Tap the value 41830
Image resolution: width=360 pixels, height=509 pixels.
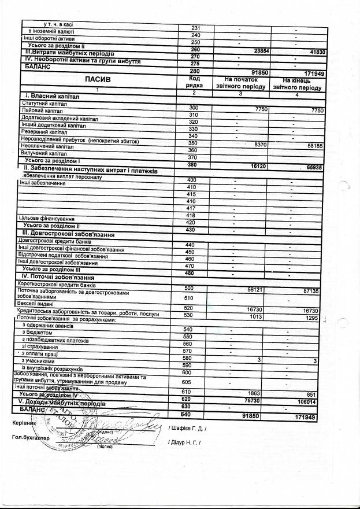click(312, 52)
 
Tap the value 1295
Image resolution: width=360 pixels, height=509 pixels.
click(312, 317)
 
